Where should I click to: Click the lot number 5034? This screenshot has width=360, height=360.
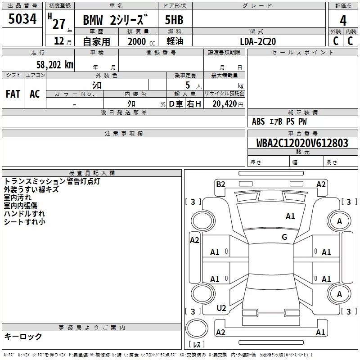[x=22, y=19]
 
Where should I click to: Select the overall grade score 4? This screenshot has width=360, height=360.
[x=343, y=21]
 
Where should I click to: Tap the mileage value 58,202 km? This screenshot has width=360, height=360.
[x=55, y=65]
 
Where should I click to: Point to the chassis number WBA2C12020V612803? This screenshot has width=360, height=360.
[x=302, y=143]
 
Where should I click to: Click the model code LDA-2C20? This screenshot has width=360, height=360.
[x=258, y=41]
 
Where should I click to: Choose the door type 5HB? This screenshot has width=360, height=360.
[x=174, y=20]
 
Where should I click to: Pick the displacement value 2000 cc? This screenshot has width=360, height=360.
[x=141, y=41]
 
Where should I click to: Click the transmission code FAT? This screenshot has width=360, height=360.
[x=13, y=94]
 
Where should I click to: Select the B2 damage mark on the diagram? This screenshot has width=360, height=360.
[x=220, y=184]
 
